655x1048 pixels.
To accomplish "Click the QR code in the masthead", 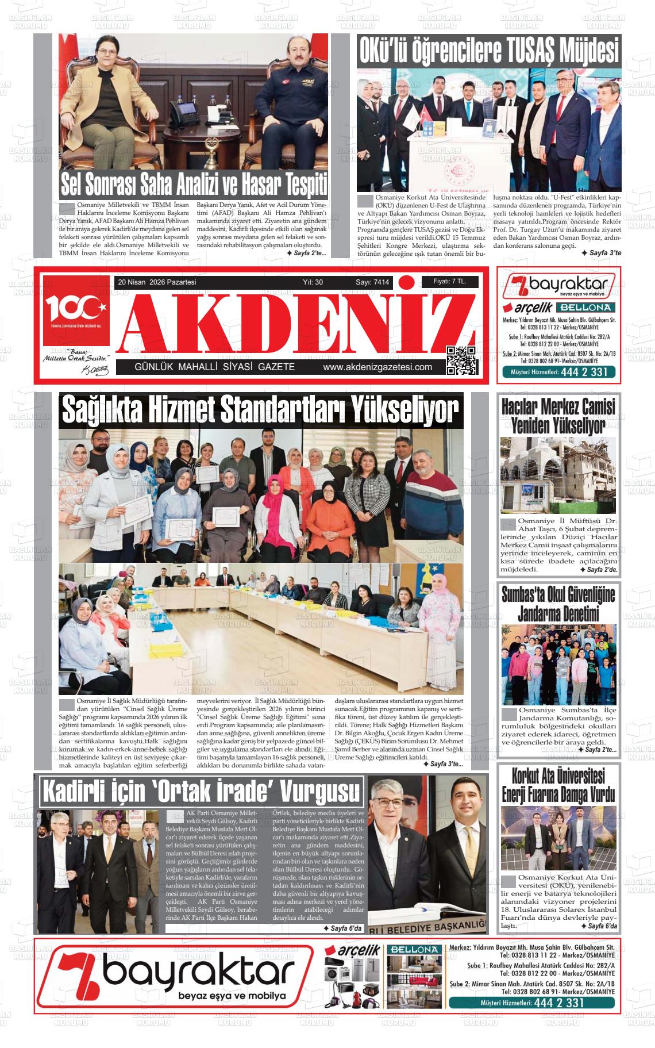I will pyautogui.click(x=461, y=360).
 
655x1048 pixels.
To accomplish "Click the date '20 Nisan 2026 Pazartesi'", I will pyautogui.click(x=157, y=282).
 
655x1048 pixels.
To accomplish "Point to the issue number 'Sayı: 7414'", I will pyautogui.click(x=372, y=282).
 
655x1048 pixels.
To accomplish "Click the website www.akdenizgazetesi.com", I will pyautogui.click(x=377, y=367).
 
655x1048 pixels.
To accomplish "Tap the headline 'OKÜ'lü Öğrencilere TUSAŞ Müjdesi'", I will pyautogui.click(x=489, y=51).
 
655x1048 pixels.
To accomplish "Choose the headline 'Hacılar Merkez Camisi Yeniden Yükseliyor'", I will pyautogui.click(x=558, y=416).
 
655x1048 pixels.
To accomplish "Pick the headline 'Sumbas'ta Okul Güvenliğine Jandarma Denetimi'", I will pyautogui.click(x=558, y=603).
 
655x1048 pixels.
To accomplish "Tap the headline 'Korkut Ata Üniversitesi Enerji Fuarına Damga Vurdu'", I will pyautogui.click(x=558, y=786).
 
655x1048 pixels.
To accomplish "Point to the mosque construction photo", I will pyautogui.click(x=558, y=475).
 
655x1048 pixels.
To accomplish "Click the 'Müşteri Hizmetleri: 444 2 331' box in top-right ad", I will pyautogui.click(x=558, y=373).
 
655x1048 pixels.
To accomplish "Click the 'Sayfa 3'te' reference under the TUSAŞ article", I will pyautogui.click(x=600, y=252).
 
